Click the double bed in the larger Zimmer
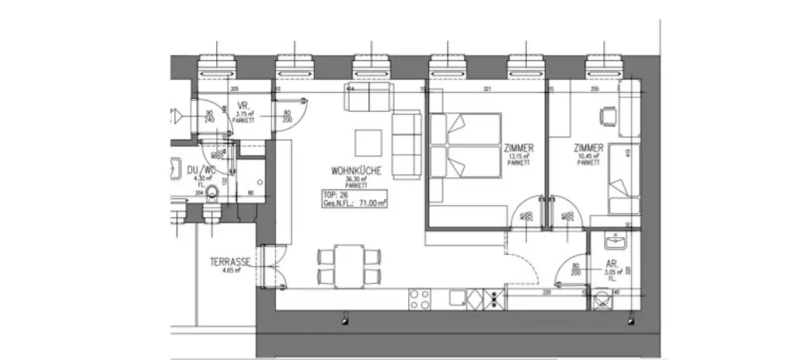pos(464,148)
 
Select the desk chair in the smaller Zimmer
pos(606,117)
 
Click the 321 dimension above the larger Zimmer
pos(487,90)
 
